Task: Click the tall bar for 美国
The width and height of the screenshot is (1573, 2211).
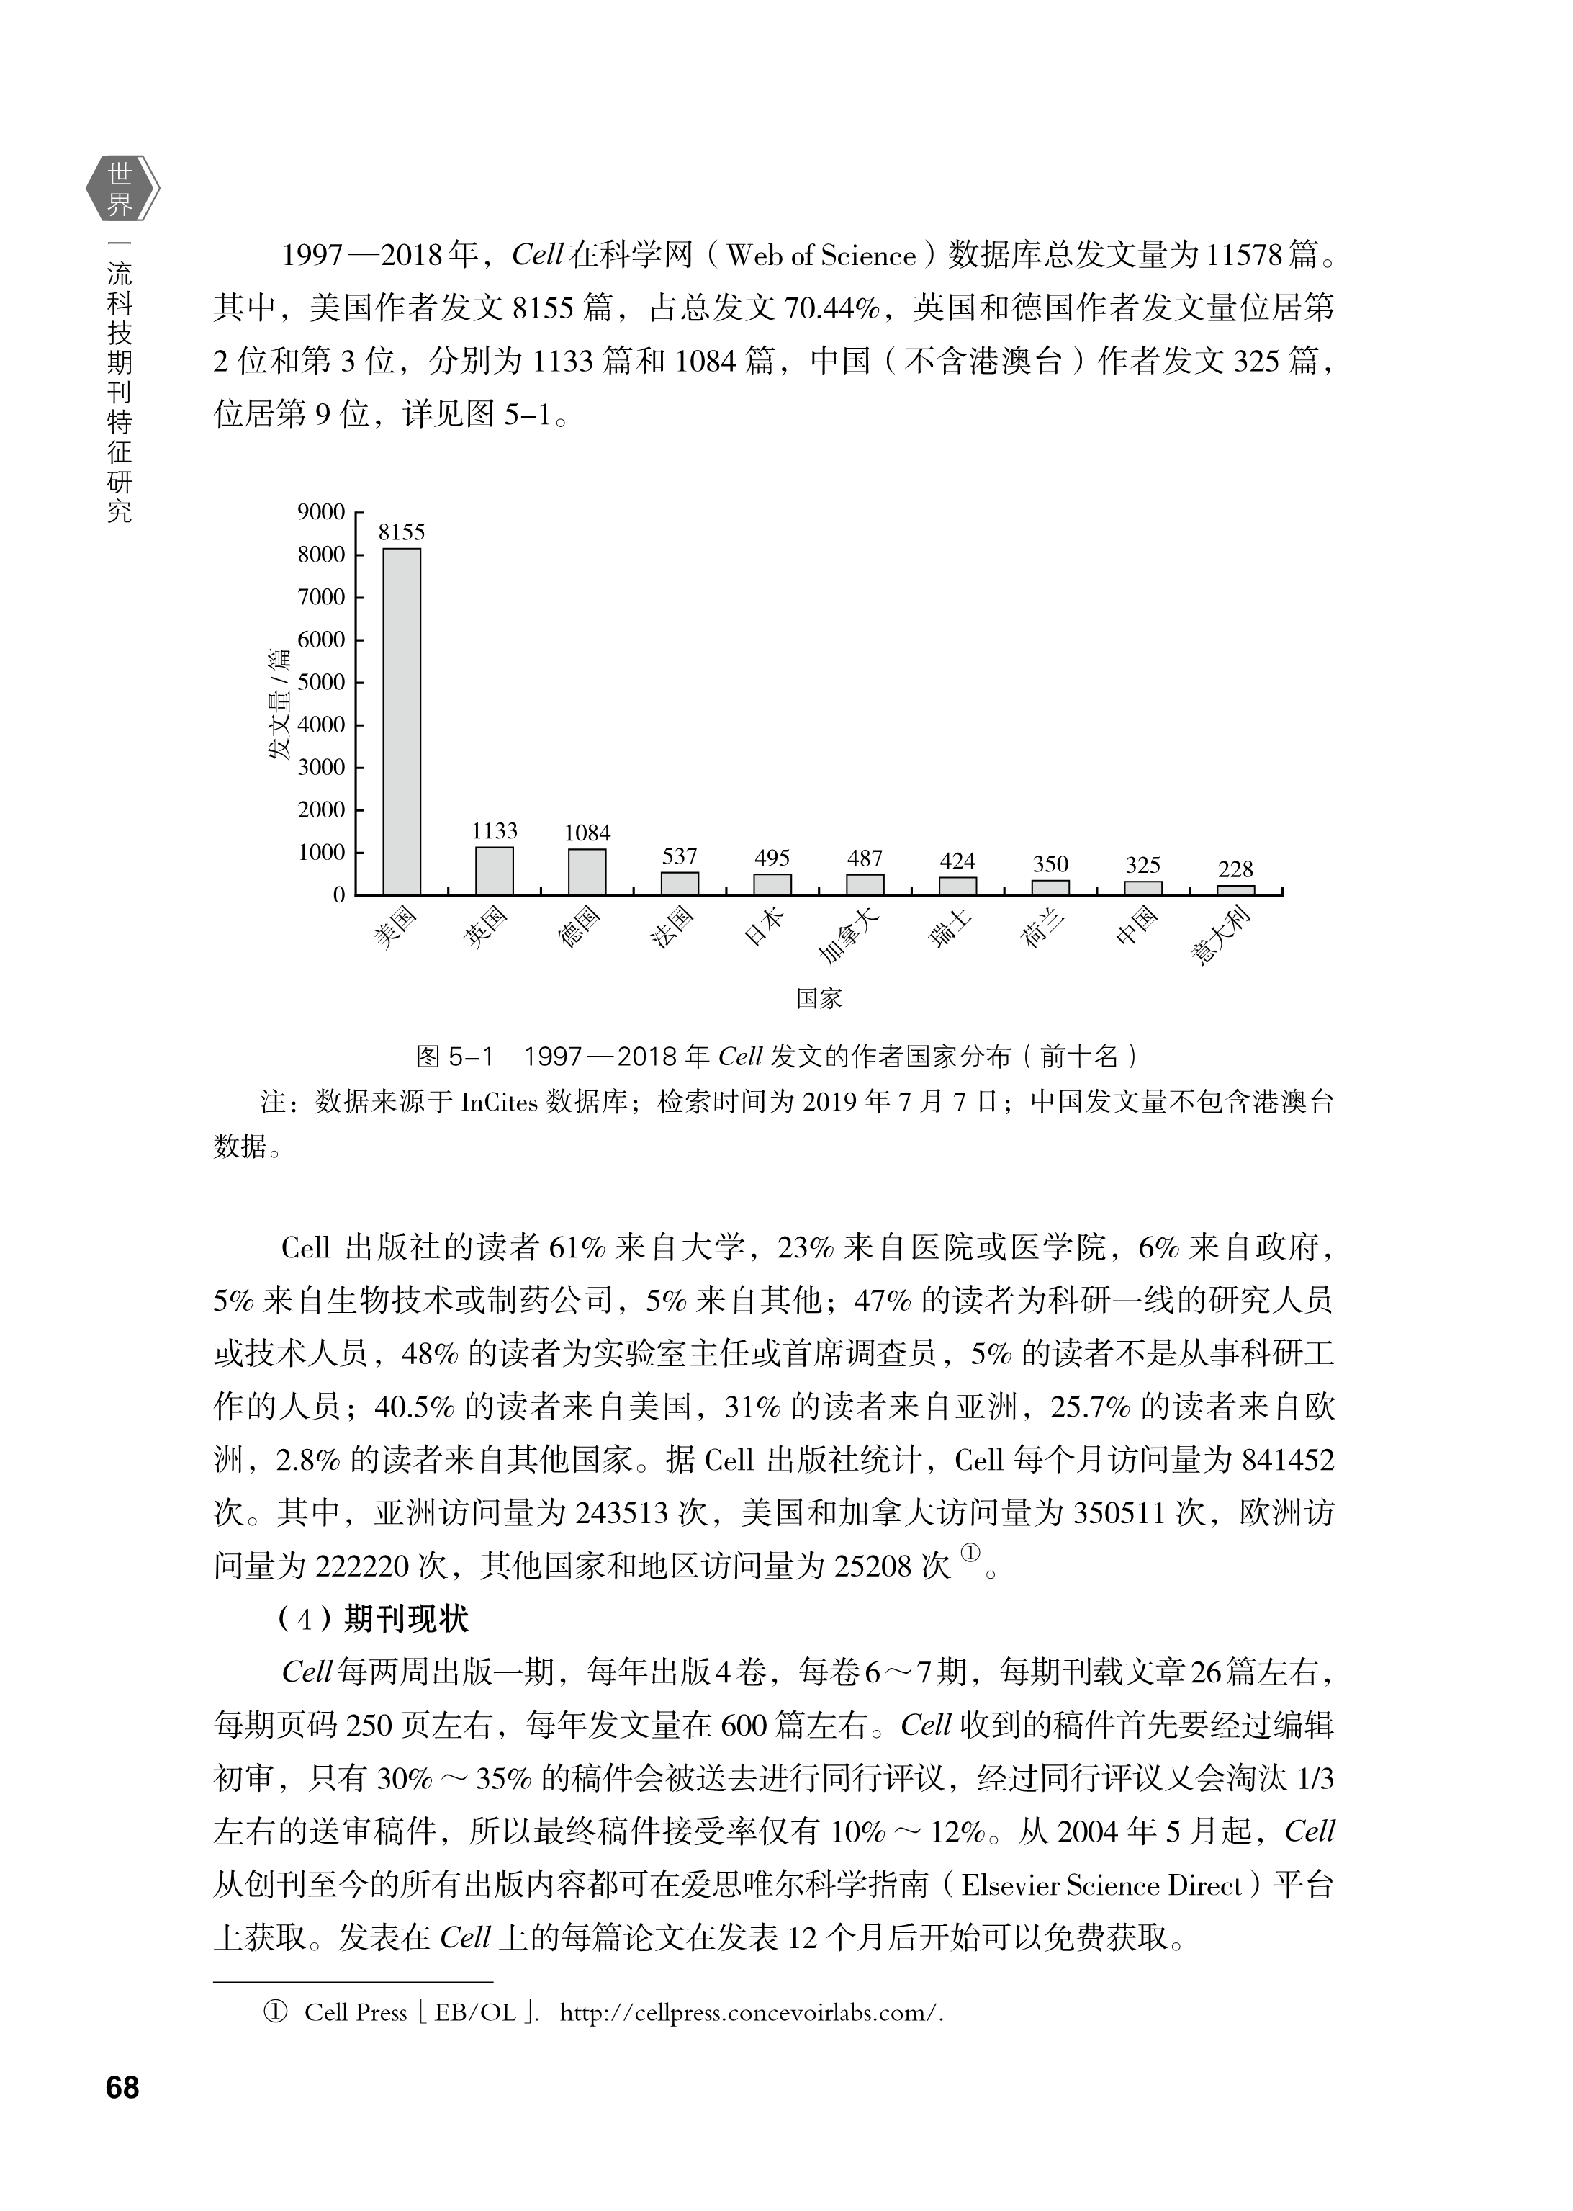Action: point(401,721)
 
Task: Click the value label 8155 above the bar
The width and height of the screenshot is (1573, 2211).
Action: point(401,532)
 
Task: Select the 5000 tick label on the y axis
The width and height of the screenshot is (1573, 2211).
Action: point(320,682)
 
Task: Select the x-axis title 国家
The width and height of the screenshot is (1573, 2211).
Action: point(819,998)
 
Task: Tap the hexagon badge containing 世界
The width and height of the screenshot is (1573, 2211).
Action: point(121,189)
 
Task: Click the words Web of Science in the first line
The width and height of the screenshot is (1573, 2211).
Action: point(821,256)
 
